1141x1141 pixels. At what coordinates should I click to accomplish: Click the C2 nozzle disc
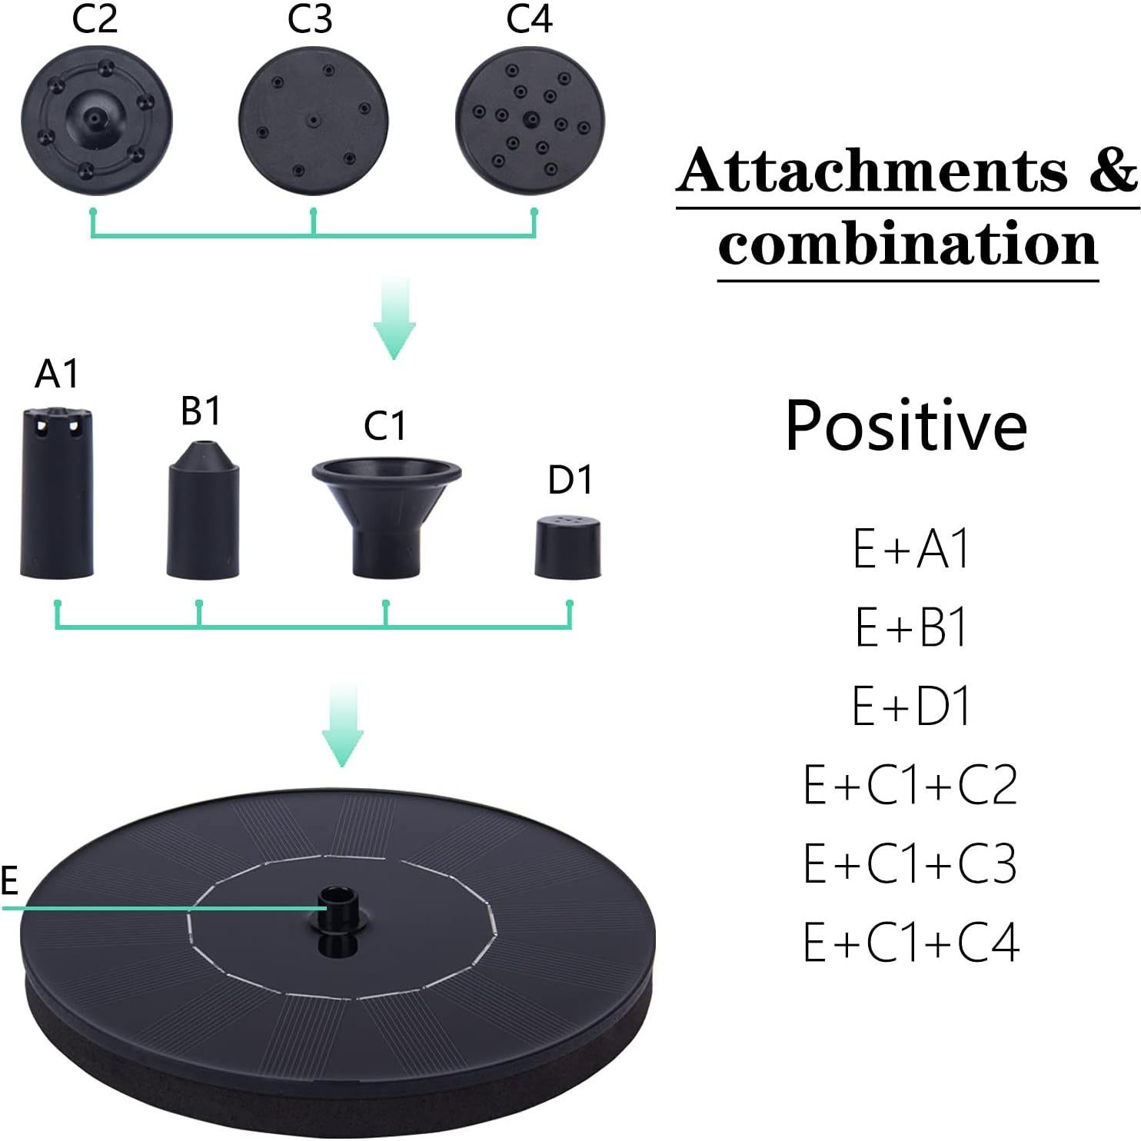(97, 121)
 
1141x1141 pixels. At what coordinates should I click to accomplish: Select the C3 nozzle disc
(314, 121)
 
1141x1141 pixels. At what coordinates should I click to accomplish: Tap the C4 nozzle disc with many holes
(531, 121)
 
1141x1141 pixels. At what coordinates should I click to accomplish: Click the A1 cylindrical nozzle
(57, 494)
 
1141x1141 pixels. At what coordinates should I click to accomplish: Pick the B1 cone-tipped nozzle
(203, 510)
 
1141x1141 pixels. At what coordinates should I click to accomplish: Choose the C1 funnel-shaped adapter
(387, 517)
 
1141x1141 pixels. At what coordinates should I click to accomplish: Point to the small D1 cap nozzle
(568, 546)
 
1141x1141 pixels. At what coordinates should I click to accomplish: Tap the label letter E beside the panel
(9, 880)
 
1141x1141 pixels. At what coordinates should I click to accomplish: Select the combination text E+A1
(911, 548)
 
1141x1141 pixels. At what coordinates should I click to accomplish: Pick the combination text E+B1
(911, 627)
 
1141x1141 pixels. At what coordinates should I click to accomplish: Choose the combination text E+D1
(911, 706)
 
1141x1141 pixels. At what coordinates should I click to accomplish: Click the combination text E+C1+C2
(911, 785)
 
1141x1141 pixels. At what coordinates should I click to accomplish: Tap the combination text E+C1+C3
(911, 863)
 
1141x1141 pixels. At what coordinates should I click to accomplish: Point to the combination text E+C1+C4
(911, 942)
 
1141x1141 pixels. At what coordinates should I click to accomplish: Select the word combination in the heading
(908, 242)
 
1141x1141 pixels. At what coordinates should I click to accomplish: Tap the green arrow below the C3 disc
(394, 318)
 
